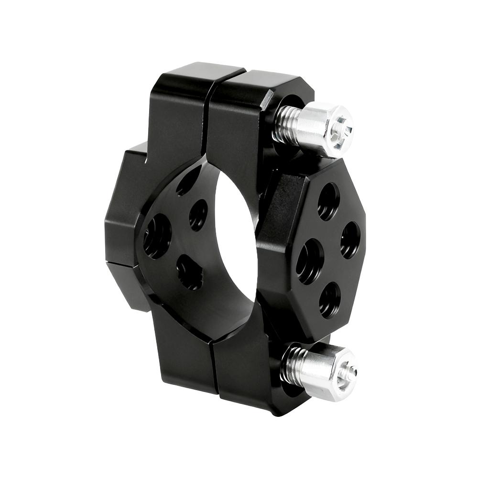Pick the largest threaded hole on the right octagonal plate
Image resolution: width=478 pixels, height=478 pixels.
pos(309,261)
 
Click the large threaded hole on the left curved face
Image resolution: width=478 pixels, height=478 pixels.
pos(157,236)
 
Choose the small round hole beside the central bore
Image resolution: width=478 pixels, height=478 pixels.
pos(198,215)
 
